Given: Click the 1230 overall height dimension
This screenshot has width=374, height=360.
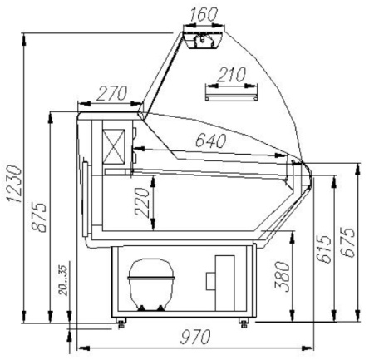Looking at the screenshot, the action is click(14, 184).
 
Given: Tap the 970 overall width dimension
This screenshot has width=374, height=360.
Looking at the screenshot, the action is click(195, 337).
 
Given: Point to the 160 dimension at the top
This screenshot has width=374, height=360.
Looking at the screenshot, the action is click(204, 14).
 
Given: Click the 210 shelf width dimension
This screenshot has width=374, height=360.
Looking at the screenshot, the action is click(231, 74).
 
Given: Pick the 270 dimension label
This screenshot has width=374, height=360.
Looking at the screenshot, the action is click(111, 93).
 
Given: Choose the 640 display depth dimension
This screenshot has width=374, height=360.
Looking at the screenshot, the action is click(211, 141).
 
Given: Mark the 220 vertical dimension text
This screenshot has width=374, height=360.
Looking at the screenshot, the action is click(142, 201).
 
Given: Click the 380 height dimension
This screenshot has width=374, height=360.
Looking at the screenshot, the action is click(282, 276).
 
